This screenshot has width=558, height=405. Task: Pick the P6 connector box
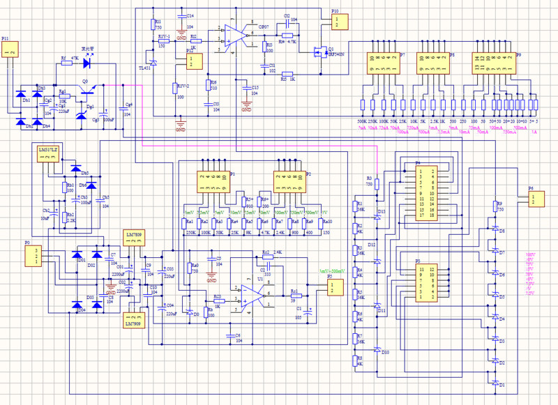534,199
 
